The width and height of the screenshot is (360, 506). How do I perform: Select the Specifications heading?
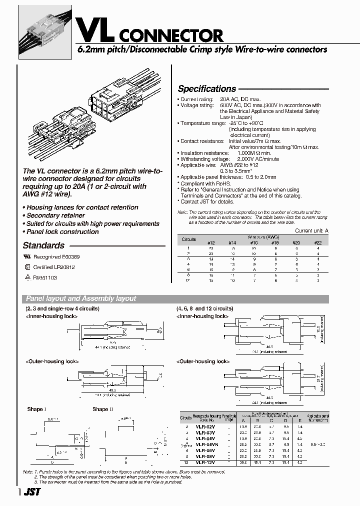point(207,89)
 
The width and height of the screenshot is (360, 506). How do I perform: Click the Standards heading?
point(43,245)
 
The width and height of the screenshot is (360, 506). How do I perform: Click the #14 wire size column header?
point(232,242)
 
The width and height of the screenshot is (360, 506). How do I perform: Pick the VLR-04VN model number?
point(206,444)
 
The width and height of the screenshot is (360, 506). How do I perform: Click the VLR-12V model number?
point(205,462)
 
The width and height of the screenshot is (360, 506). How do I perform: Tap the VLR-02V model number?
point(205,425)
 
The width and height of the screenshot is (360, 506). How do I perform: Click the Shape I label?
point(36,409)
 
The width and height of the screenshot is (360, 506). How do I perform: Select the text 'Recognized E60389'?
point(53,256)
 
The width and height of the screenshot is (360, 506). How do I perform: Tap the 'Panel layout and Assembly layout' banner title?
point(81,298)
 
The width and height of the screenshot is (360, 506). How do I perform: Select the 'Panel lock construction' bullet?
point(62,231)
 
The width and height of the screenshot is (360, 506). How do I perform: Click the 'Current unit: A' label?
point(311,230)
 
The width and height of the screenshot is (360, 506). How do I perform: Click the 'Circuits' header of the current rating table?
point(188,239)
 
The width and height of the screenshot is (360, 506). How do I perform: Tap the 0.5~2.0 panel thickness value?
point(319,444)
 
